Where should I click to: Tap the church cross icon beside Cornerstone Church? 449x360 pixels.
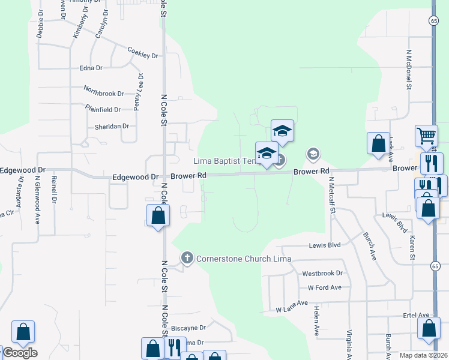pos(187,258)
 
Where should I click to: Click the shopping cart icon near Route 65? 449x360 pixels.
pos(426,135)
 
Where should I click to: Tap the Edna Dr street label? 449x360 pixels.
pos(91,68)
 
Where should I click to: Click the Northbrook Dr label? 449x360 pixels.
pos(103,93)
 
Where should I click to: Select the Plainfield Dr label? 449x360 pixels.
pos(103,109)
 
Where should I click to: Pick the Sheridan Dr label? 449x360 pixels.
pos(112,126)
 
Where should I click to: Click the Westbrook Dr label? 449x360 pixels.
pos(322,273)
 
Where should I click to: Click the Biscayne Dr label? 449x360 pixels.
pos(188,328)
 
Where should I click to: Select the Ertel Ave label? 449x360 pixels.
pos(415,315)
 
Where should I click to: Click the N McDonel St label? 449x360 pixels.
pos(408,70)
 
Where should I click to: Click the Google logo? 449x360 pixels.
pos(19,352)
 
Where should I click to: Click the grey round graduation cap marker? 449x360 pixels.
pos(313,154)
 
